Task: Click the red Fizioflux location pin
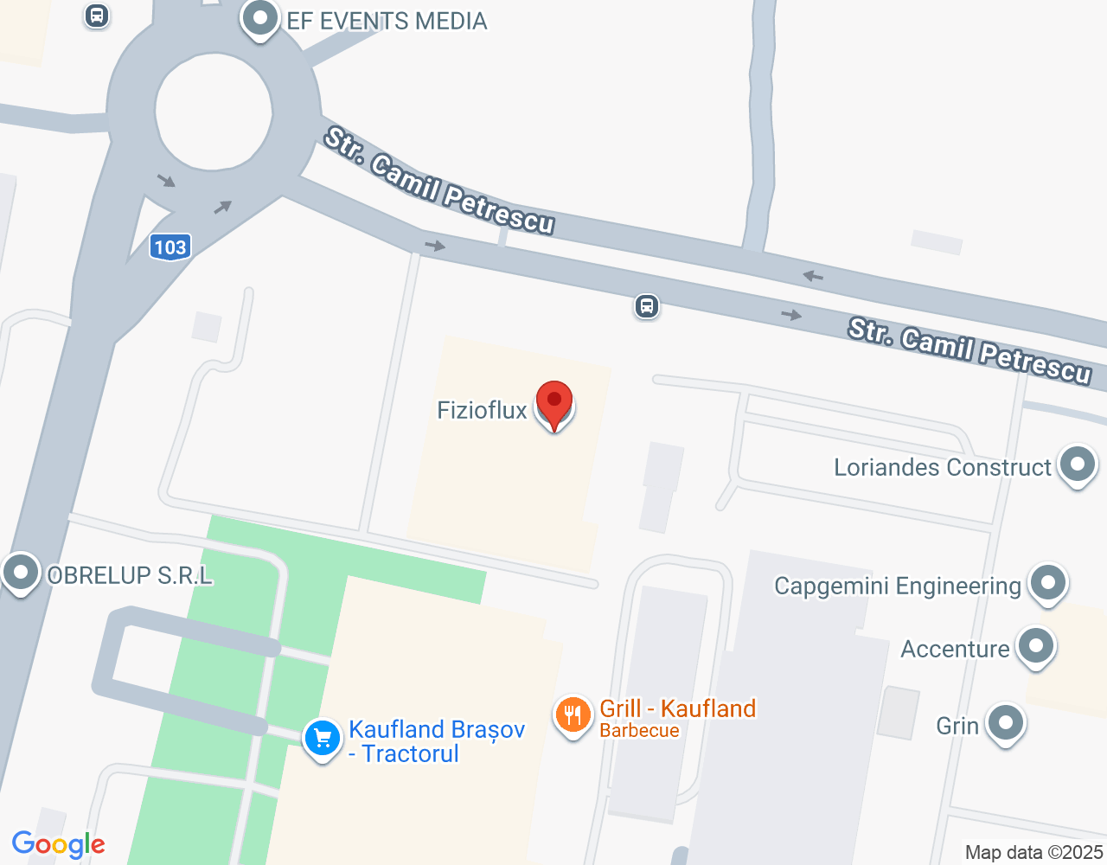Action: coord(554,404)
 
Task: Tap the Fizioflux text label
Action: coord(482,410)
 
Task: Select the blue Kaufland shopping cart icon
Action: coord(323,739)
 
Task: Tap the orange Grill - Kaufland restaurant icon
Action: coord(572,715)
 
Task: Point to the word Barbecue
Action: coord(639,731)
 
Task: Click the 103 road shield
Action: coord(170,247)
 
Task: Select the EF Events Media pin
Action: coord(259,18)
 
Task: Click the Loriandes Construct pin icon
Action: coord(1077,465)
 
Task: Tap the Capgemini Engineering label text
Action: coord(898,586)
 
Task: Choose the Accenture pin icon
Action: coord(1035,646)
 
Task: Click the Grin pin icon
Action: coord(1005,722)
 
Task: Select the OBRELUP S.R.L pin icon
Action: coord(20,572)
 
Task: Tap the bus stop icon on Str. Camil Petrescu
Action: coord(647,306)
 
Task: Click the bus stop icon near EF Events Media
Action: coord(97,15)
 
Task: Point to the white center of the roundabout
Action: coord(214,111)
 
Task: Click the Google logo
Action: coord(59,845)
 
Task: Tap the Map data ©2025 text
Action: coord(1033,853)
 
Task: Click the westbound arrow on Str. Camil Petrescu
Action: coord(812,277)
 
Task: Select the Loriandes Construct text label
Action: coord(942,468)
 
